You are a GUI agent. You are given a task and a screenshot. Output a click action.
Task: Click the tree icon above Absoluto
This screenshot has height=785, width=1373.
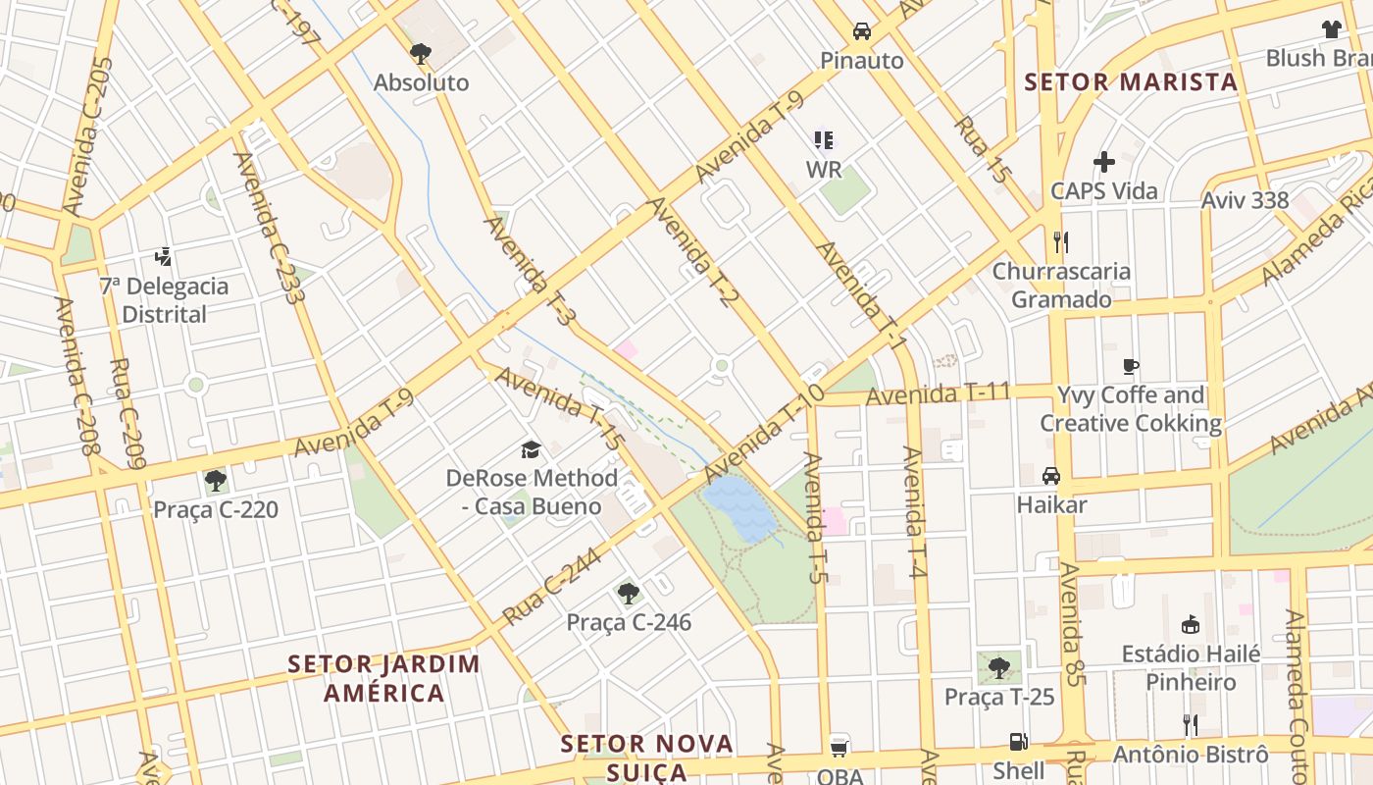click(x=421, y=53)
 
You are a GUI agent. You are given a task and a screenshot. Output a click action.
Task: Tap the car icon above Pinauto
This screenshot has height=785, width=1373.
click(x=861, y=30)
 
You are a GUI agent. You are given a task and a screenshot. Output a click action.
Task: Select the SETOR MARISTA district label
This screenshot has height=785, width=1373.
click(x=1131, y=82)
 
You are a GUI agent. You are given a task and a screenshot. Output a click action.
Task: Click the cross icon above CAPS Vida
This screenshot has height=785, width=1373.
click(x=1104, y=162)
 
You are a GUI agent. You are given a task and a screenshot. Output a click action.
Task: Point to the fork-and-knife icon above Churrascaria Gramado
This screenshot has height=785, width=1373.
click(x=1060, y=241)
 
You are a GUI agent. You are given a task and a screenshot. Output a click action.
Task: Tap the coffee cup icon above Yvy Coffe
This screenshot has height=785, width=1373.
click(x=1130, y=367)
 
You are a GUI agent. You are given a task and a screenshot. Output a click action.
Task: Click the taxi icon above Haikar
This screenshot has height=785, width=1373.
click(x=1051, y=476)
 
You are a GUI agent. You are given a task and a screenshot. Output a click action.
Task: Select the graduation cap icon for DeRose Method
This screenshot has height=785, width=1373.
click(x=531, y=449)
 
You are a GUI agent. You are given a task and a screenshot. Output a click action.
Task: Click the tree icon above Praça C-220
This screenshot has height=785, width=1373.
click(x=215, y=481)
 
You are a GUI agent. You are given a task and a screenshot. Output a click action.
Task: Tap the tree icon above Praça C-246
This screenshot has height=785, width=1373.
click(x=629, y=593)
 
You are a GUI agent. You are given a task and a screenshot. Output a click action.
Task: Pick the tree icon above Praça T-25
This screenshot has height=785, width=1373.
click(x=998, y=668)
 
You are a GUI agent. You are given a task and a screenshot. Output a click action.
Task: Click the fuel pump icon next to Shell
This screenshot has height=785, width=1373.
click(x=1019, y=743)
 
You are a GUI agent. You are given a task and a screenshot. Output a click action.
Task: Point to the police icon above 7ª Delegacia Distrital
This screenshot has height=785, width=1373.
click(x=164, y=257)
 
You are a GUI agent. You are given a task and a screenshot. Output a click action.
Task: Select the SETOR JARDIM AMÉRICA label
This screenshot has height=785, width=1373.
click(x=384, y=678)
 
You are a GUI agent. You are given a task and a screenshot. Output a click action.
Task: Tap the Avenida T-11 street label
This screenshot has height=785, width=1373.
click(x=938, y=394)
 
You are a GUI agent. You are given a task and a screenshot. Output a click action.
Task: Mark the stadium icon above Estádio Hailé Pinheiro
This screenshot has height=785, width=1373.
click(x=1190, y=624)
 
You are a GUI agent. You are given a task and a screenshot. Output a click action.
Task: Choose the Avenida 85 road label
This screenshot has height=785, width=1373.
click(x=1072, y=623)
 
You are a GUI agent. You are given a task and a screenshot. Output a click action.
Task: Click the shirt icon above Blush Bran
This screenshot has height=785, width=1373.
click(x=1331, y=29)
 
